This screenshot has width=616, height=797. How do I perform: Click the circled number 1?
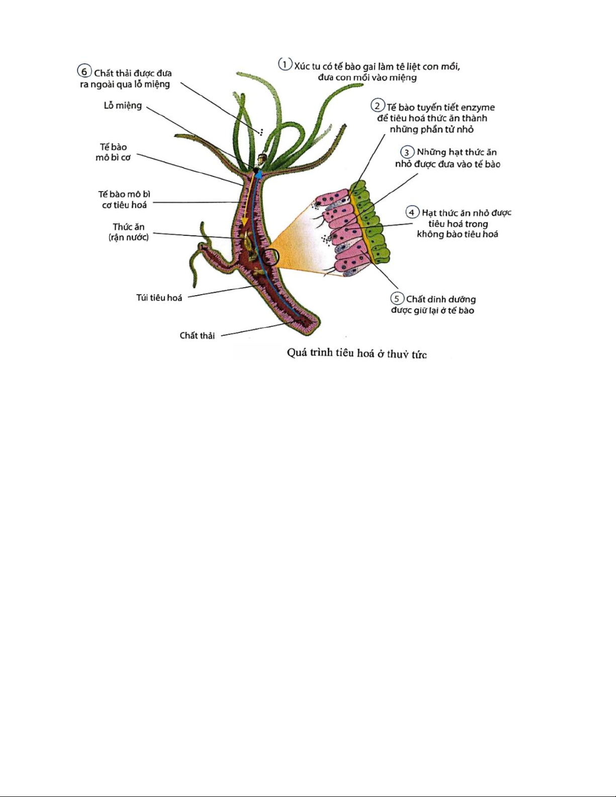pyautogui.click(x=285, y=64)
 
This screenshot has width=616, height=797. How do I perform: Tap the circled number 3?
pyautogui.click(x=407, y=152)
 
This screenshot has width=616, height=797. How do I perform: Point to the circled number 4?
pyautogui.click(x=412, y=212)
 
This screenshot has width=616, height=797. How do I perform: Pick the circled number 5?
pyautogui.click(x=396, y=299)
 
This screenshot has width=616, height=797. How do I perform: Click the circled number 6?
pyautogui.click(x=84, y=71)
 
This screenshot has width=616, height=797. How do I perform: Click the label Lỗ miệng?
pyautogui.click(x=123, y=106)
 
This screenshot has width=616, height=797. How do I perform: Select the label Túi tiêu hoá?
pyautogui.click(x=159, y=298)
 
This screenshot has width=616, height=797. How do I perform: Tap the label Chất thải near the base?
pyautogui.click(x=197, y=335)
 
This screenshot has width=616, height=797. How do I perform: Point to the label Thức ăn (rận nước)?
pyautogui.click(x=128, y=232)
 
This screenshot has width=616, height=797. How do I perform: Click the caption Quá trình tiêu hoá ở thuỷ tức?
pyautogui.click(x=357, y=353)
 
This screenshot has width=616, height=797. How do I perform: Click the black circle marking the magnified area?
pyautogui.click(x=272, y=256)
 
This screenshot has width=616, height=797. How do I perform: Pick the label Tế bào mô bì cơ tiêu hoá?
pyautogui.click(x=124, y=200)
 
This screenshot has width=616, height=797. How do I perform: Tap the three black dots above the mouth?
pyautogui.click(x=261, y=132)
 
